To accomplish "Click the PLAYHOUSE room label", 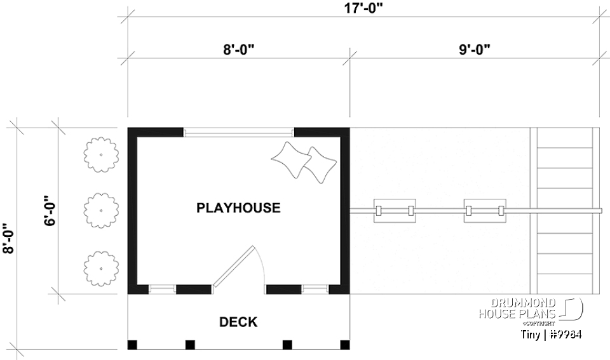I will pos(238,208).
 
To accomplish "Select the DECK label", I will pos(238,323).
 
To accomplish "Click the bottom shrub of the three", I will pos(102,267).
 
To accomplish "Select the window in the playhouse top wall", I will pos(239,133).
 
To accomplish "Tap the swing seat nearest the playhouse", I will pos(395,210).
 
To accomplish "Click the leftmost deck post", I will pos(133,345).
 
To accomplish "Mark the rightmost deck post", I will pos(345,345).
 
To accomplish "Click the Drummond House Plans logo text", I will pos(517,308).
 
